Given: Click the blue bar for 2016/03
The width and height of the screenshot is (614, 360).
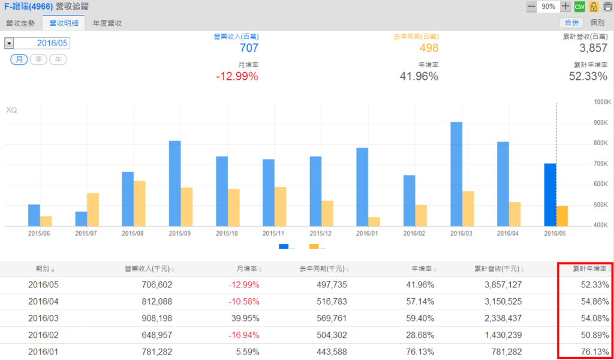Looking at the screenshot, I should click(456, 174).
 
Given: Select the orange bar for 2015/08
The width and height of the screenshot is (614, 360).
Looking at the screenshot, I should click(139, 204).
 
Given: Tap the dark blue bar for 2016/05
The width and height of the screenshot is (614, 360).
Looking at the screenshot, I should click(550, 195).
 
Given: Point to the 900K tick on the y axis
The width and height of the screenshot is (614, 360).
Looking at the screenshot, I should click(601, 123).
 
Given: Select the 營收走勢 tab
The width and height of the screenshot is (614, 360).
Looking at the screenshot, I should click(20, 23).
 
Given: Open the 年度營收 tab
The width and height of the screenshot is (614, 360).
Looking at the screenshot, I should click(107, 23).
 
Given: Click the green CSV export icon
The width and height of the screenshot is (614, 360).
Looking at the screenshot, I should click(579, 7).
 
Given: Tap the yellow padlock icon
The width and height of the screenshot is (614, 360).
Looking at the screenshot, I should click(594, 7).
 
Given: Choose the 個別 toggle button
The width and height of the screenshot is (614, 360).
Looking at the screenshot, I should click(597, 23).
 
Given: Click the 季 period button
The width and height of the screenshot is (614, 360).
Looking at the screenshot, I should click(38, 59).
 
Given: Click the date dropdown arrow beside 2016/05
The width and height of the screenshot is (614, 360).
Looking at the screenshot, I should click(9, 43).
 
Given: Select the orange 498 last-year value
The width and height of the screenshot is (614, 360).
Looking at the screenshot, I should click(429, 48).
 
